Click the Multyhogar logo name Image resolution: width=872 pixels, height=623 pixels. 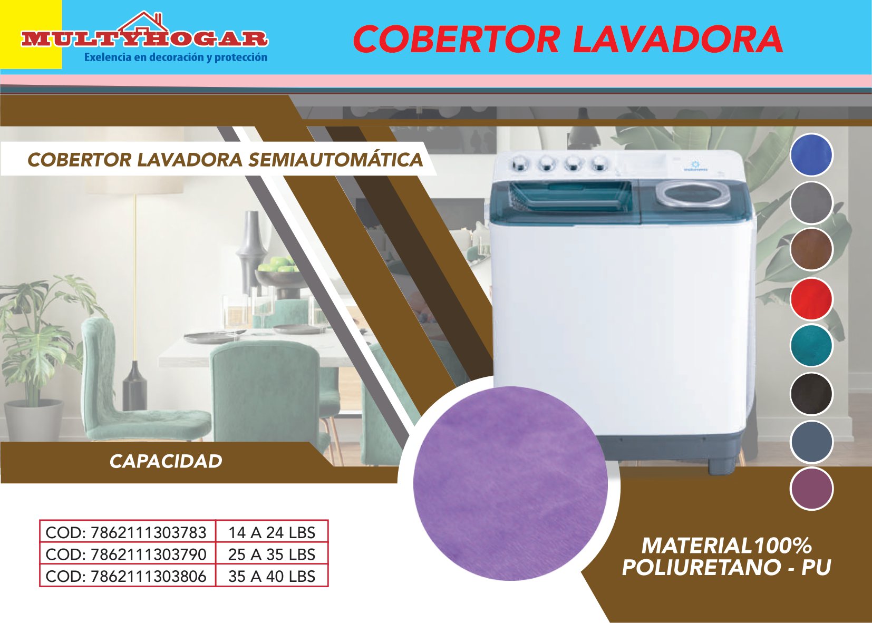144,40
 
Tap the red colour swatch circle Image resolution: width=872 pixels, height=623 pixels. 812,299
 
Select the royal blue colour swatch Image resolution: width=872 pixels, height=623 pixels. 812,154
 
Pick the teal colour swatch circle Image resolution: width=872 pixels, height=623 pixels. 812,346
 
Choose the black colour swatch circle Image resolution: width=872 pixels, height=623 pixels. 812,393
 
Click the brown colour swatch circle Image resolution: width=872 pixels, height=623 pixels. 812,249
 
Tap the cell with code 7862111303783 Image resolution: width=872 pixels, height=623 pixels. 127,532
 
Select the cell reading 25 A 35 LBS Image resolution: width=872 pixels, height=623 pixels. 272,554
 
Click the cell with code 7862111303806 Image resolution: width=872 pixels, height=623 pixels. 127,576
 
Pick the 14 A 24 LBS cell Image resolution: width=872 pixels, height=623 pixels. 272,532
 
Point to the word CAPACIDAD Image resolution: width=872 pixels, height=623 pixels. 166,462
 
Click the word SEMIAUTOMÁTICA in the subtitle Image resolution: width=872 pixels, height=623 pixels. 335,160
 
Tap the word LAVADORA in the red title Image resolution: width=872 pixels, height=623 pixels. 678,39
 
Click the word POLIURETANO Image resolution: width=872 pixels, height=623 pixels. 700,567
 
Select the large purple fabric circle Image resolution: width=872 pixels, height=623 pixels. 510,483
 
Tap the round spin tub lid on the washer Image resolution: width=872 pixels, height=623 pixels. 687,194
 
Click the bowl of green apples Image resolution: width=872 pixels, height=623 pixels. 277,275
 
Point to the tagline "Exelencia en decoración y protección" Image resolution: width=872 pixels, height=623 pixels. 176,57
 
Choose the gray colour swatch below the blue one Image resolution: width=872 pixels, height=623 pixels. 812,203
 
